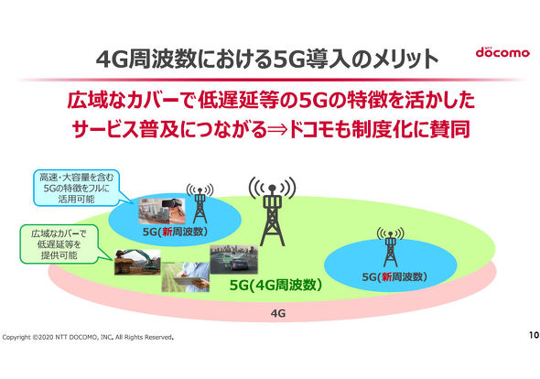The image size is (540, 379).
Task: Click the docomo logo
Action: (502, 52)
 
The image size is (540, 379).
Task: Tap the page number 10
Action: (534, 335)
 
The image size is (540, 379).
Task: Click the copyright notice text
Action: (88, 337)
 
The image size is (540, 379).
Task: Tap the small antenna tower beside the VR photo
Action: (200, 203)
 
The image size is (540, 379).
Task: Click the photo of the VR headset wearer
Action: (161, 211)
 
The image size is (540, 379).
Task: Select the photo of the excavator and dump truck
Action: (137, 262)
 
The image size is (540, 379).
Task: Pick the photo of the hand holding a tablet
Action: (185, 276)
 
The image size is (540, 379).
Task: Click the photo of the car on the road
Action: (233, 259)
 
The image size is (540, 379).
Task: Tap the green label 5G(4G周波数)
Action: (275, 285)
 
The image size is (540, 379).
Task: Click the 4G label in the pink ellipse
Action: (278, 313)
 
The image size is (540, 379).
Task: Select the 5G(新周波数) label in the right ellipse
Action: (394, 276)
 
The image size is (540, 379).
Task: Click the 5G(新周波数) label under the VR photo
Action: (175, 232)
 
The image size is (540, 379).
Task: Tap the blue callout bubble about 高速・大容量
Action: (77, 188)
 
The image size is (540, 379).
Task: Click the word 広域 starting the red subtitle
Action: (87, 101)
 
